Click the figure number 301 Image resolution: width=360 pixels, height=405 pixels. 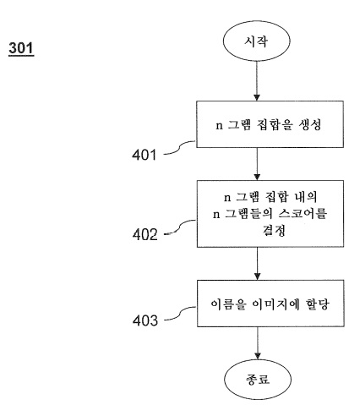click(21, 48)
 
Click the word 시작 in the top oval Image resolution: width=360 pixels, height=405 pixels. click(256, 41)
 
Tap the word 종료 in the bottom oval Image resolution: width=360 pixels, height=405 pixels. click(258, 379)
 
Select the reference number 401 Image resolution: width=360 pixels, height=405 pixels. click(144, 155)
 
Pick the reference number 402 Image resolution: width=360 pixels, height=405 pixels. click(145, 234)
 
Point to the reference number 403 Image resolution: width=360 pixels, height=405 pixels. click(145, 320)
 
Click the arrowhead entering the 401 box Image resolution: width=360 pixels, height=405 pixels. click(257, 97)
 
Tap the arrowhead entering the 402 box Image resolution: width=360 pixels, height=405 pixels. click(257, 177)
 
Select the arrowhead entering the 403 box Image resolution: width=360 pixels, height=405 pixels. click(258, 276)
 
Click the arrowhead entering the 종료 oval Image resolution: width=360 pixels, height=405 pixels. click(258, 356)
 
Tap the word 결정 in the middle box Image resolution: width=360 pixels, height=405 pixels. click(274, 230)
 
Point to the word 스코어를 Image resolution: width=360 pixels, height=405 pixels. click(303, 214)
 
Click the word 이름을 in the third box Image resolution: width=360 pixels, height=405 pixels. click(228, 304)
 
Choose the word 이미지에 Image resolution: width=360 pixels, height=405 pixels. click(275, 304)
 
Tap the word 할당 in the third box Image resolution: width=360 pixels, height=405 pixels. click(317, 304)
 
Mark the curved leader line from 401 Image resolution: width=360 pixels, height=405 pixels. click(180, 148)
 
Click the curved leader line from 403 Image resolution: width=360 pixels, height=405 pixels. click(180, 314)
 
